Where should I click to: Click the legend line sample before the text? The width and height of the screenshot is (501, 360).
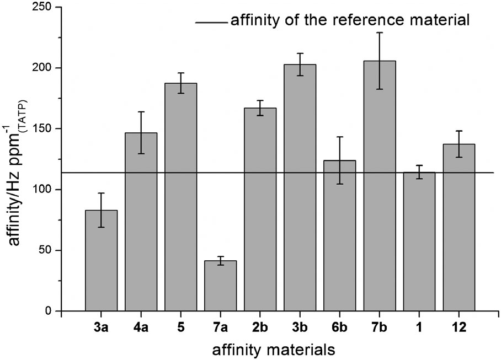[x=211, y=23]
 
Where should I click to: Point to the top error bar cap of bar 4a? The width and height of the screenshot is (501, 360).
[x=141, y=112]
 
